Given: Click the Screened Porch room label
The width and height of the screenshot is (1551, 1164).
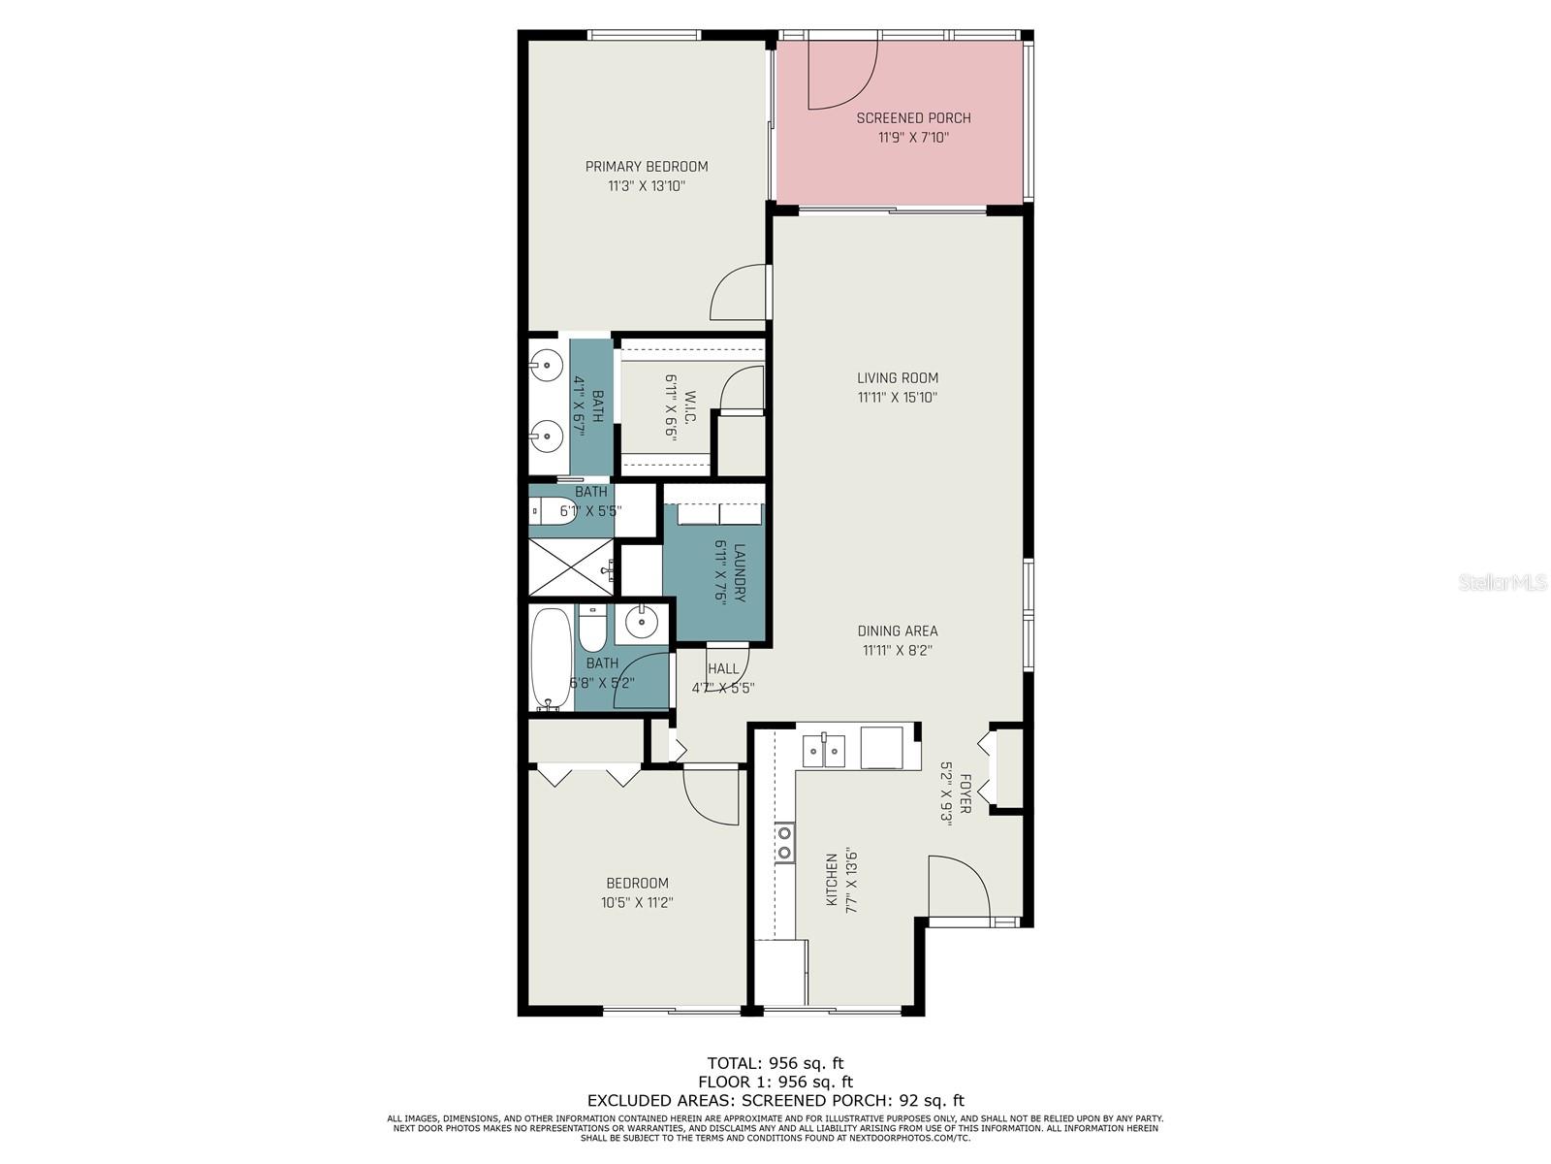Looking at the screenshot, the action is pos(913,118).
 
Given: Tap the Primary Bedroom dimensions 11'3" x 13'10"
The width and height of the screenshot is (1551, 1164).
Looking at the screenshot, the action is pos(647,186).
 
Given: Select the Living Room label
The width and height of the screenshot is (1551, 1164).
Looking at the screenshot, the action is pos(898,377).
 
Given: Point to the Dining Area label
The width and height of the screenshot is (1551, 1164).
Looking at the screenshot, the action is pos(898,630).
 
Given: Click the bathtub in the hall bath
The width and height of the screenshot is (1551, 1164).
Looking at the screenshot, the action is pos(551,659).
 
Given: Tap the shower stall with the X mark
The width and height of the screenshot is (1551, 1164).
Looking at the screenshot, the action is pos(571,566).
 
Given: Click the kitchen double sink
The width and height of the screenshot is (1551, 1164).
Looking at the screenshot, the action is pos(824,750).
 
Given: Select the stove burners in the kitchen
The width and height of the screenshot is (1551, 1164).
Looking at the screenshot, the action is pos(784,843).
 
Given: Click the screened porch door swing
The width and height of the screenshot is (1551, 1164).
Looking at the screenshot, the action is pos(843,75).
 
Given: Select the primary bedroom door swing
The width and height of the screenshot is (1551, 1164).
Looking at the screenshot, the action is pos(739,293).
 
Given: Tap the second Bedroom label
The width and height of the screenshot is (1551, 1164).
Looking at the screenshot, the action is pos(637,883).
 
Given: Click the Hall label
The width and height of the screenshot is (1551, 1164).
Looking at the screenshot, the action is pos(723,668).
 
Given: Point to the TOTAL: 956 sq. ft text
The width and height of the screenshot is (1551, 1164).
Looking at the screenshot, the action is pos(775,1062).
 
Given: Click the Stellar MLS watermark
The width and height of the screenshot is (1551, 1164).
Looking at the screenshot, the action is pos(1503,582).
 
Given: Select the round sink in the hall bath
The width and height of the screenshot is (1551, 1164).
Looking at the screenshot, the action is pos(642,622).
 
